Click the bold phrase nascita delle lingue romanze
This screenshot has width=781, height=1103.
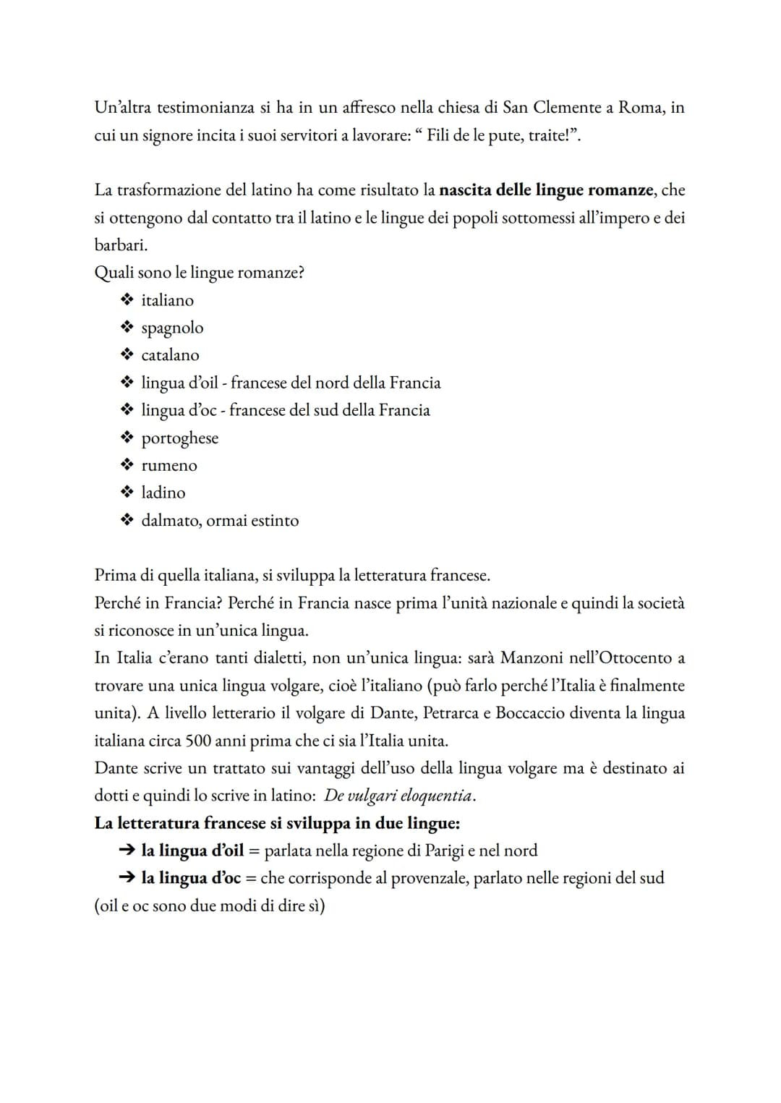546,190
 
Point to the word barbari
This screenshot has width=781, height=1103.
120,245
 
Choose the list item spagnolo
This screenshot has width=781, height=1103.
172,328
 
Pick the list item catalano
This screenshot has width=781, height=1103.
170,355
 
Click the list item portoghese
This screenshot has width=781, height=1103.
179,438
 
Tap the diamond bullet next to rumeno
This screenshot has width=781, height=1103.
127,465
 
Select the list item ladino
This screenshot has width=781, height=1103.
163,493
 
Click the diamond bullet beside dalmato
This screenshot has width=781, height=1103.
127,520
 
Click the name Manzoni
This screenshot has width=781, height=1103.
534,658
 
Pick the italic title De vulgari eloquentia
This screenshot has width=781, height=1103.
398,796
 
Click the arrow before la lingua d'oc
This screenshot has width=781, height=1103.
127,878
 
